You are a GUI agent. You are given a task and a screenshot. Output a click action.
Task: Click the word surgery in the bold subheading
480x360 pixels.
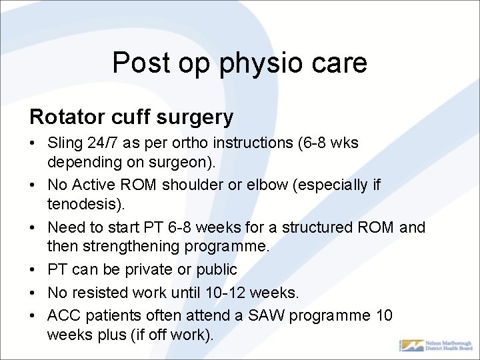click(x=196, y=117)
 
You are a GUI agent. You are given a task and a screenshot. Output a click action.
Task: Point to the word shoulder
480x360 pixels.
click(x=193, y=185)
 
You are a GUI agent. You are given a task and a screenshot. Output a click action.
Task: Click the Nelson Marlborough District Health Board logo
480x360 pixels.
click(x=435, y=345)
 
